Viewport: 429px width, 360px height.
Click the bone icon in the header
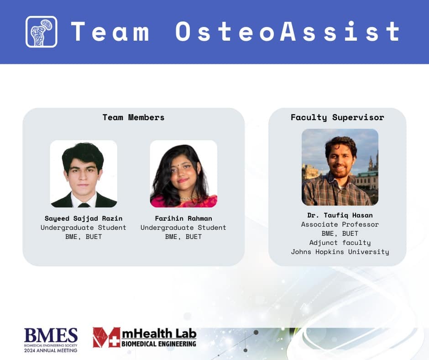(42, 32)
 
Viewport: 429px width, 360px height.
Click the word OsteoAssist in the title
(288, 32)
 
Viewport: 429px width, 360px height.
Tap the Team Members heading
(133, 117)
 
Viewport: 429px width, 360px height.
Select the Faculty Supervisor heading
(337, 117)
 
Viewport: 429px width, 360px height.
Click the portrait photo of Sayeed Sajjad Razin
(84, 174)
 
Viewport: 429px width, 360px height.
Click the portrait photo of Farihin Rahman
(183, 174)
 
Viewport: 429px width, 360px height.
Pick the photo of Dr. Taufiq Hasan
(340, 167)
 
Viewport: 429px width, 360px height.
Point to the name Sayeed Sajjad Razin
(84, 218)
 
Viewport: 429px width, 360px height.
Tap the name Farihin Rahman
(183, 218)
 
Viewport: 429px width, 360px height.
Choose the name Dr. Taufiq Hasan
(340, 215)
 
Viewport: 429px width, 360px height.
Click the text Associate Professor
(340, 224)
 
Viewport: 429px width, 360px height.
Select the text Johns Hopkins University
(340, 252)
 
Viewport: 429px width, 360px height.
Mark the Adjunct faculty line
(340, 243)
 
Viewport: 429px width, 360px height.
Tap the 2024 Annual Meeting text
(51, 350)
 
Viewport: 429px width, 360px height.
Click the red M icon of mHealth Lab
(107, 337)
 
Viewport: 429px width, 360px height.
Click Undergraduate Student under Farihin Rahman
(183, 228)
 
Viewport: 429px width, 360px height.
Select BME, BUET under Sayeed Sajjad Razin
(84, 237)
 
